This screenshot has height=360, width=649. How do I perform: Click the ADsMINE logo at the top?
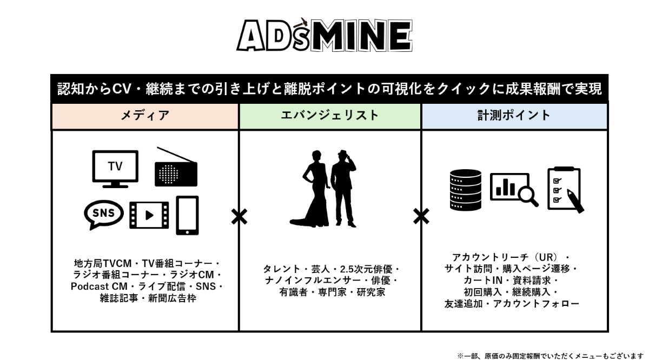coord(325,36)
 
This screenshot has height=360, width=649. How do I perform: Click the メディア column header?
coord(144,115)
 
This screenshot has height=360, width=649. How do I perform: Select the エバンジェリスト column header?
coord(329,115)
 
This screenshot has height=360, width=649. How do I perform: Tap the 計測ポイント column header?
coord(514,115)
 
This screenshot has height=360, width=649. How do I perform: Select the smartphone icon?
coord(188,215)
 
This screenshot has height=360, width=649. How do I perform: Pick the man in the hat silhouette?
coord(343,186)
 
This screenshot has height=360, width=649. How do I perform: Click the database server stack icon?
coord(464,190)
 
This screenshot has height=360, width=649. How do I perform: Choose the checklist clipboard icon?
coord(565,189)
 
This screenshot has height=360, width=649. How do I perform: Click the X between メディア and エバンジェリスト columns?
coord(239,216)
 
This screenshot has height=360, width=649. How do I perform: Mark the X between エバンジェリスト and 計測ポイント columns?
coord(421,216)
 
